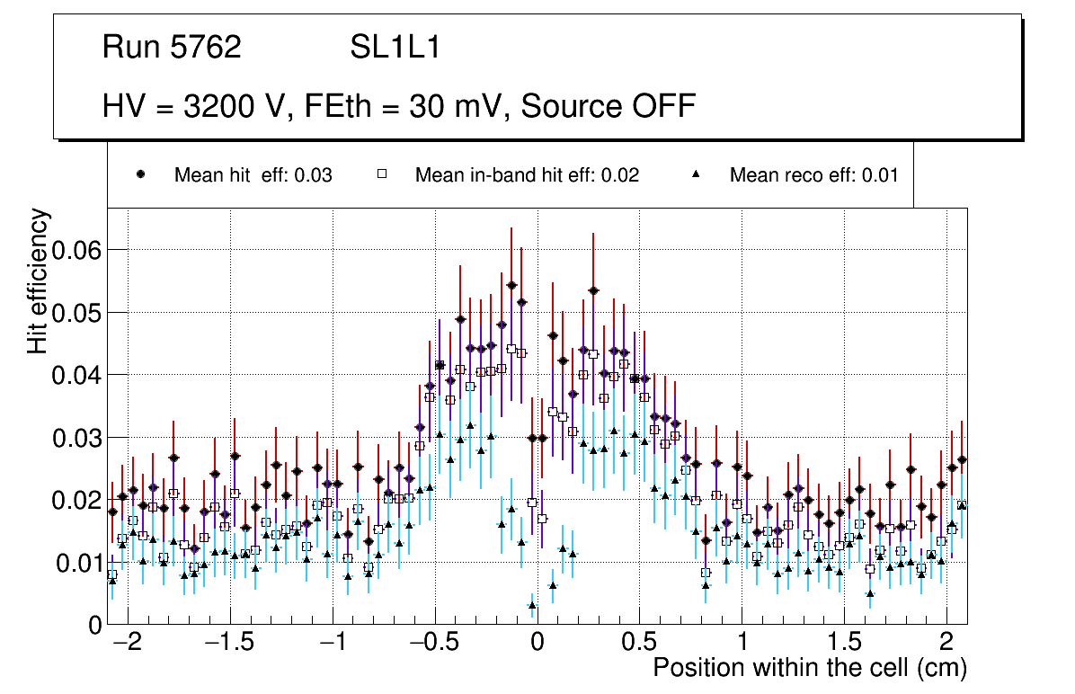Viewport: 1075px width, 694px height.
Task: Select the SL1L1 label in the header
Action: coord(395,48)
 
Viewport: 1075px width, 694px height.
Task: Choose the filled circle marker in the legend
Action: coord(140,174)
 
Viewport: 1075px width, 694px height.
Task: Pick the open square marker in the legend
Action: coord(381,174)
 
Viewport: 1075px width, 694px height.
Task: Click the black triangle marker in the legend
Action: coord(697,174)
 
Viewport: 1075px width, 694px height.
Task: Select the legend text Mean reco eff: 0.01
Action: coord(813,175)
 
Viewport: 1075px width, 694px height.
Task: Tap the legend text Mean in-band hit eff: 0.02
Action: coord(527,175)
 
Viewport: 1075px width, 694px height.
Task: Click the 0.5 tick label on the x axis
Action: coord(638,644)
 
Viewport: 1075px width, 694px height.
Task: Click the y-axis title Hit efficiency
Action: coord(38,280)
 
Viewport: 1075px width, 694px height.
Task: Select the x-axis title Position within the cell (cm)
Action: coord(809,669)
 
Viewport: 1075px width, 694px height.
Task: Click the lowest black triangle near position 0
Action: coord(532,606)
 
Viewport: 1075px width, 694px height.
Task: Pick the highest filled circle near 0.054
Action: coord(511,285)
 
